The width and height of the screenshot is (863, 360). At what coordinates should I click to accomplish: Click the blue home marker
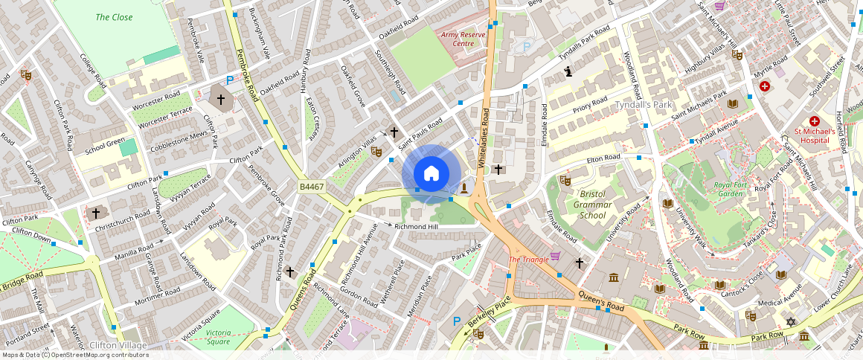click(431, 174)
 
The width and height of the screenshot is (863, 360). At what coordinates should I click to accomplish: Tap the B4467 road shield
click(311, 187)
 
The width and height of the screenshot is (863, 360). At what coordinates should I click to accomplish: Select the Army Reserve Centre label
click(458, 39)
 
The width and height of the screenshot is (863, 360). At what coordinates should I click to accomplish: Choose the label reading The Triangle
click(528, 259)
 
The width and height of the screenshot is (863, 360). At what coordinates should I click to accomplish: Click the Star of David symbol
click(791, 322)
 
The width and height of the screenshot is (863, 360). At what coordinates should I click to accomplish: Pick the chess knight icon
click(569, 72)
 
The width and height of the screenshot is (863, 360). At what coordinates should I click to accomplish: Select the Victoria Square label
click(218, 337)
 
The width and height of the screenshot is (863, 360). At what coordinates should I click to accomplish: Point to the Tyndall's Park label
click(643, 105)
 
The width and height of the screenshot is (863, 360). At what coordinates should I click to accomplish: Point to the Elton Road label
click(603, 158)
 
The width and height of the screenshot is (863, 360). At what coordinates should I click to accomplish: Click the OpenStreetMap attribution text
click(74, 355)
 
